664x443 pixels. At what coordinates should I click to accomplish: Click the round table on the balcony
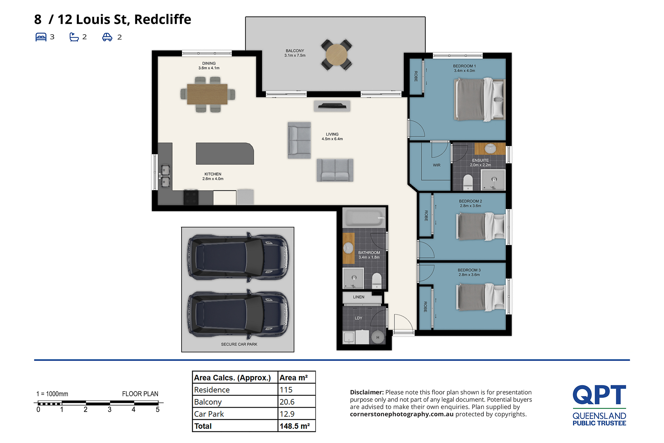336,55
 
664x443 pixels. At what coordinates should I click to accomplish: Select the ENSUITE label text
480,160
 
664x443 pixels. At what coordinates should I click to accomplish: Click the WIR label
437,165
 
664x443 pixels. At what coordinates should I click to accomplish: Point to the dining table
207,94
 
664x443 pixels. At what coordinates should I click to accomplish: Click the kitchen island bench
225,154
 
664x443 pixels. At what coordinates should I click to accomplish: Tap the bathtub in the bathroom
364,218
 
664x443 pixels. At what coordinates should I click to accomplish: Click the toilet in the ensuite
468,182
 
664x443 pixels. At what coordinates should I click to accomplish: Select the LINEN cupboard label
359,297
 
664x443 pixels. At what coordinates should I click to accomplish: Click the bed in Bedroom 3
481,296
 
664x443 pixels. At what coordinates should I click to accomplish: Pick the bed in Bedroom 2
481,227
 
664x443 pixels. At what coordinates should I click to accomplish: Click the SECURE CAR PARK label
239,344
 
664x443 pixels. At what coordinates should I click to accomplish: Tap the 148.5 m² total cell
295,426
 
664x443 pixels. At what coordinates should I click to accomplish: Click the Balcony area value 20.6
287,402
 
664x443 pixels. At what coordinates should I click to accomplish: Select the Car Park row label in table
209,414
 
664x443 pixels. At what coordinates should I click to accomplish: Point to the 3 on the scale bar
110,410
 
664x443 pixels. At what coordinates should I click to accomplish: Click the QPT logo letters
599,395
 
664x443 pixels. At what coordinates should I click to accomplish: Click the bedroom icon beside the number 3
41,37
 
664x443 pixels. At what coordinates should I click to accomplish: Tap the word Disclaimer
367,392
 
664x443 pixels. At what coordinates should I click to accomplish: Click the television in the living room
332,106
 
